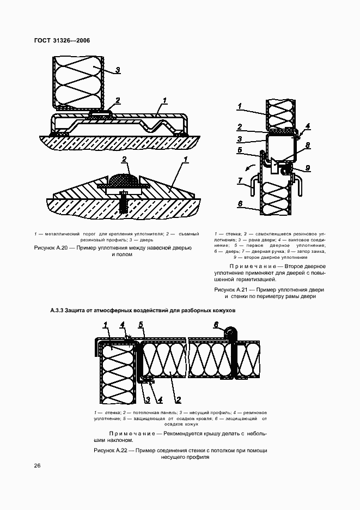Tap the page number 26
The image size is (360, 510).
[x=37, y=465]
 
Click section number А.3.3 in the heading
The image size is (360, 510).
[x=57, y=311]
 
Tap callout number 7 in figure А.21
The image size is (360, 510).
[x=240, y=180]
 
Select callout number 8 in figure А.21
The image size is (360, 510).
[x=308, y=145]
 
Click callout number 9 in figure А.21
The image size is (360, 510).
[x=308, y=168]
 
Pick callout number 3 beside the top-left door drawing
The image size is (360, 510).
[x=117, y=70]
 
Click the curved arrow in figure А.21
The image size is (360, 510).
[x=249, y=167]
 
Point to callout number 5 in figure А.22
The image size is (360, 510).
[x=141, y=325]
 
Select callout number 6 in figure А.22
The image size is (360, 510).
[x=216, y=325]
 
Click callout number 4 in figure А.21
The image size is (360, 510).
[x=308, y=126]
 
